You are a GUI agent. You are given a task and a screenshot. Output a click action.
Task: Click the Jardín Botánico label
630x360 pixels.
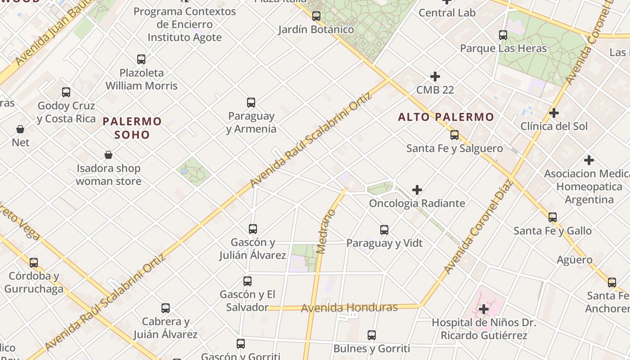[x=316, y=29]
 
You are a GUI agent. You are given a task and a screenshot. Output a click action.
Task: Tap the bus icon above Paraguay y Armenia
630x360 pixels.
[x=251, y=103]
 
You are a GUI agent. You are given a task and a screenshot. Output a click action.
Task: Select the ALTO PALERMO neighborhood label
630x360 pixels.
[x=446, y=117]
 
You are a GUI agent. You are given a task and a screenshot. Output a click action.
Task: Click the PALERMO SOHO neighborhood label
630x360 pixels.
[x=132, y=128]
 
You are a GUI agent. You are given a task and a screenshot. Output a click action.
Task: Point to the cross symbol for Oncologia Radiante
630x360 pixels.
[x=417, y=190]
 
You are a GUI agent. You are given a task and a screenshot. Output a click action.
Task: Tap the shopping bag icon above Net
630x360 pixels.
[x=20, y=130]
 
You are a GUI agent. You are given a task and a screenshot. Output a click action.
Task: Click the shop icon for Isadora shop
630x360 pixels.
[x=108, y=155]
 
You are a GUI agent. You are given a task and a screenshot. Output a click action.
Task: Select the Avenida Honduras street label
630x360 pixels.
[x=349, y=308]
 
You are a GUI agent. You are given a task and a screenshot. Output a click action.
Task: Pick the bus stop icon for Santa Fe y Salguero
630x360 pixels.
[x=454, y=135]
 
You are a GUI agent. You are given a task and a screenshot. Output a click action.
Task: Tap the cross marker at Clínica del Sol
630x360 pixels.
[x=554, y=113]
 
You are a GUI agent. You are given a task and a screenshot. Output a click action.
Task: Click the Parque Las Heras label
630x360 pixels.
[x=503, y=48]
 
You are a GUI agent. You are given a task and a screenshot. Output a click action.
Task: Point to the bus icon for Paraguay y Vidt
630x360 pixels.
[x=384, y=230]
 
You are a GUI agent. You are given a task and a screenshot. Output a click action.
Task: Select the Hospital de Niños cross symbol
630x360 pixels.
[x=484, y=309]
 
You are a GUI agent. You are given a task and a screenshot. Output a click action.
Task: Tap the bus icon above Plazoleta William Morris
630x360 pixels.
[x=141, y=59]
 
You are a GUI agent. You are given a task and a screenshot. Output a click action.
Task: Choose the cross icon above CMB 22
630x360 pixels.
[x=435, y=76]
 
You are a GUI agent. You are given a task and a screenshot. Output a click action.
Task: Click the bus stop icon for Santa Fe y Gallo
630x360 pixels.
[x=553, y=217]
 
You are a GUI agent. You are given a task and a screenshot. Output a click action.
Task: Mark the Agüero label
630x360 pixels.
[x=575, y=260]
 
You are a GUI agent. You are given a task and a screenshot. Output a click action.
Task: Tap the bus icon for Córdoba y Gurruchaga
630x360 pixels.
[x=34, y=263]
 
